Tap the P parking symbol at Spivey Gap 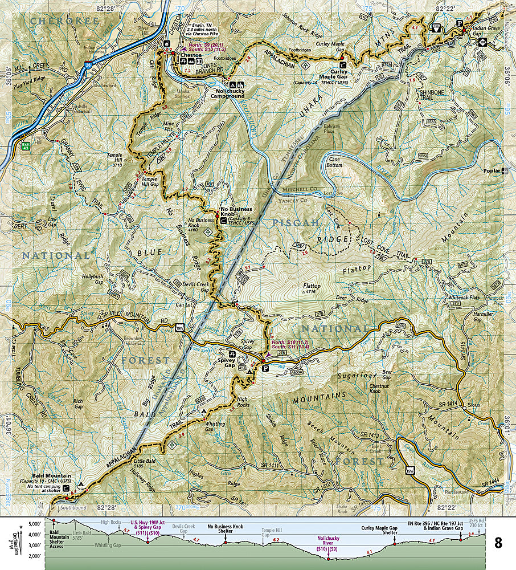pos(264,369)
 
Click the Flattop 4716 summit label pos(312,288)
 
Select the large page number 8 pos(498,543)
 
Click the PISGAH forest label pos(295,223)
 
